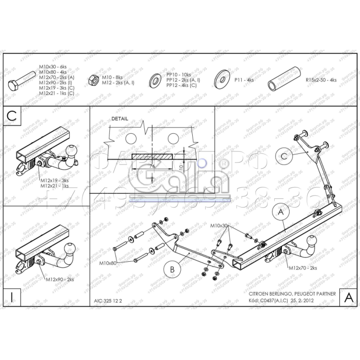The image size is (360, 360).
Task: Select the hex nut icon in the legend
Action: point(94,80)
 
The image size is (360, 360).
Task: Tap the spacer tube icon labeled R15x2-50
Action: point(283,80)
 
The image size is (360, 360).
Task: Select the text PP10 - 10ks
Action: point(178,75)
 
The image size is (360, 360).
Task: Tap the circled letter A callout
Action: point(280,211)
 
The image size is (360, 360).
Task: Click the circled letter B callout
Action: point(172,269)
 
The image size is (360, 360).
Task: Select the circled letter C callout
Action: point(284,156)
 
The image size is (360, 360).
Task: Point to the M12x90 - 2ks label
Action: point(60,279)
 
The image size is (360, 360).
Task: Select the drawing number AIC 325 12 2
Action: point(108,302)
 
